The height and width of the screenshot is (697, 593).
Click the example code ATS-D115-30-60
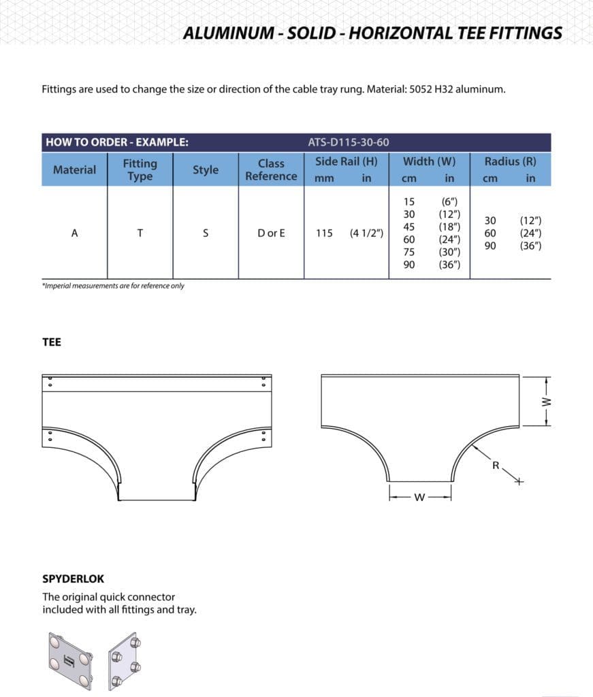(x=349, y=142)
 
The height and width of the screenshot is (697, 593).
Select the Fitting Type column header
(x=140, y=169)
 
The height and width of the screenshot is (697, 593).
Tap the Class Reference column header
(x=271, y=169)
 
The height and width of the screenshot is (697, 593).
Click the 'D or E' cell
(x=271, y=233)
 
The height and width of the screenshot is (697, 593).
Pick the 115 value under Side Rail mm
(x=324, y=233)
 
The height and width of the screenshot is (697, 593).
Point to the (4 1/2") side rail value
(x=366, y=233)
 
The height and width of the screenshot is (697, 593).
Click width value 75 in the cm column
(x=409, y=252)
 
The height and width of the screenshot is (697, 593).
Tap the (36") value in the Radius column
(x=530, y=246)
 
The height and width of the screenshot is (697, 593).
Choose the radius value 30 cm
(x=490, y=221)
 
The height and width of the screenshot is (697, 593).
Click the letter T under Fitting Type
(x=140, y=233)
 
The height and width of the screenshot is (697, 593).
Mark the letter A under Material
(x=74, y=233)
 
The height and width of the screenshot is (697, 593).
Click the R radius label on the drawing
(x=496, y=466)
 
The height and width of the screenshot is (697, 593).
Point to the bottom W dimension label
(x=419, y=498)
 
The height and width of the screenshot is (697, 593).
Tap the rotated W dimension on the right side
(x=545, y=401)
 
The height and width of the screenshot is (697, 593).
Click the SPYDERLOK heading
(x=74, y=579)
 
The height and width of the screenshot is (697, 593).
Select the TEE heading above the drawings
(x=52, y=342)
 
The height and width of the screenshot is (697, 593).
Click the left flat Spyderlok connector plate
(x=68, y=661)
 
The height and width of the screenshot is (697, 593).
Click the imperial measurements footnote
(x=113, y=286)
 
